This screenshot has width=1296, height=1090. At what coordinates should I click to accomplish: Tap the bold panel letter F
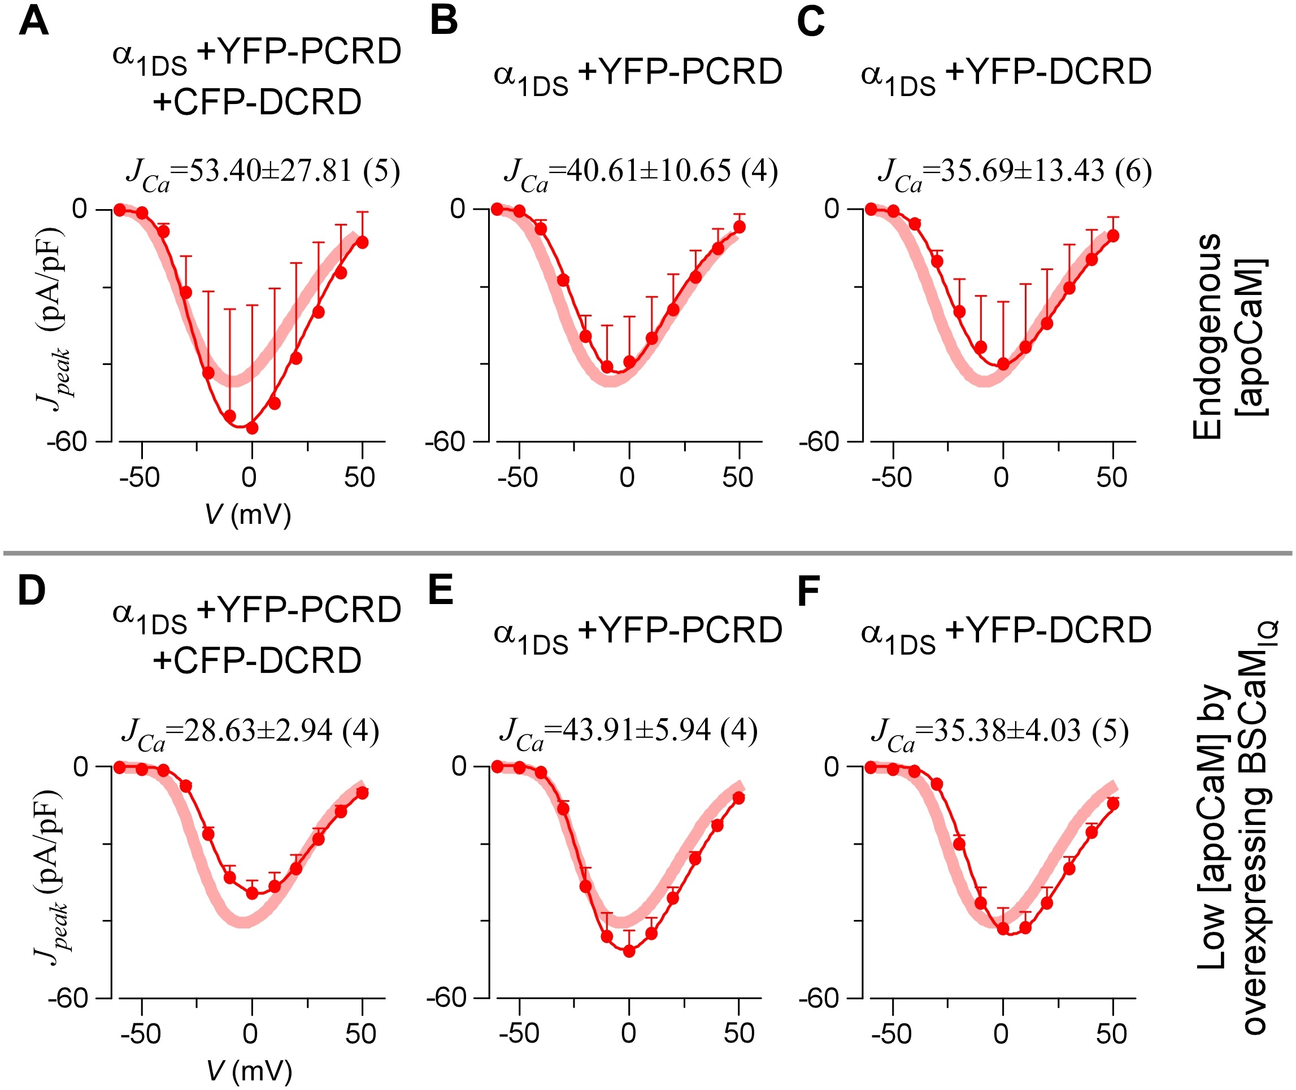tap(808, 592)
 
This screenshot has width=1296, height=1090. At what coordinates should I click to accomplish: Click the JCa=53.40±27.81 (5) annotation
tap(263, 172)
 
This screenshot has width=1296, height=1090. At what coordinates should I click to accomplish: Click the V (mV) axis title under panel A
tap(247, 514)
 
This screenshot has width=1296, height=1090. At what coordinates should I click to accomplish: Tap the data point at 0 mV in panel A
tap(252, 428)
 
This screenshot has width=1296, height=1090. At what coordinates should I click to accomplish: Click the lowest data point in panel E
tap(629, 951)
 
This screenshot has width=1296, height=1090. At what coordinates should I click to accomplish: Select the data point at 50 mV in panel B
tap(740, 227)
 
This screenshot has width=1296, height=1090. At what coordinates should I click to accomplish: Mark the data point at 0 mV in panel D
tap(252, 893)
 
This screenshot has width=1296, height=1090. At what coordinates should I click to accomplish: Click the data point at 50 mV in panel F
tap(1113, 804)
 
